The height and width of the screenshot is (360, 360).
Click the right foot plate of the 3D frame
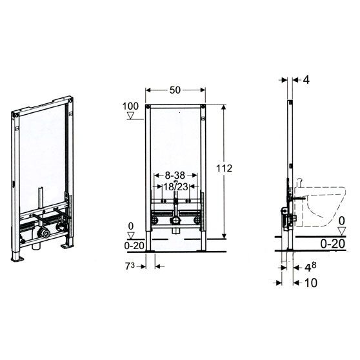(x=66, y=246)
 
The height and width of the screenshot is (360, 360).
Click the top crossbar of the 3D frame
(x=42, y=105)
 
